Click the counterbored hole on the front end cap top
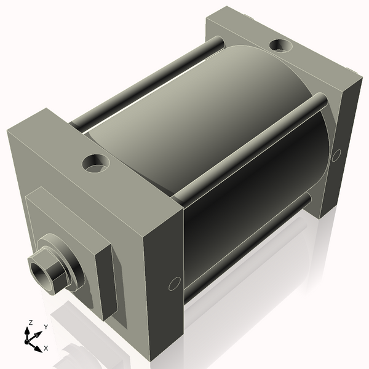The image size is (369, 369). point(95,163)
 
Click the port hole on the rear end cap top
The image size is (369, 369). point(281,46)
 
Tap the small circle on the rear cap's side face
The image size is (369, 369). point(336,156)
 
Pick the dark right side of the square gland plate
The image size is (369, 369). point(105,283)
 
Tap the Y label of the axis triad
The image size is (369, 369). point(46,327)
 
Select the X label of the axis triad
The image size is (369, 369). point(46,348)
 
